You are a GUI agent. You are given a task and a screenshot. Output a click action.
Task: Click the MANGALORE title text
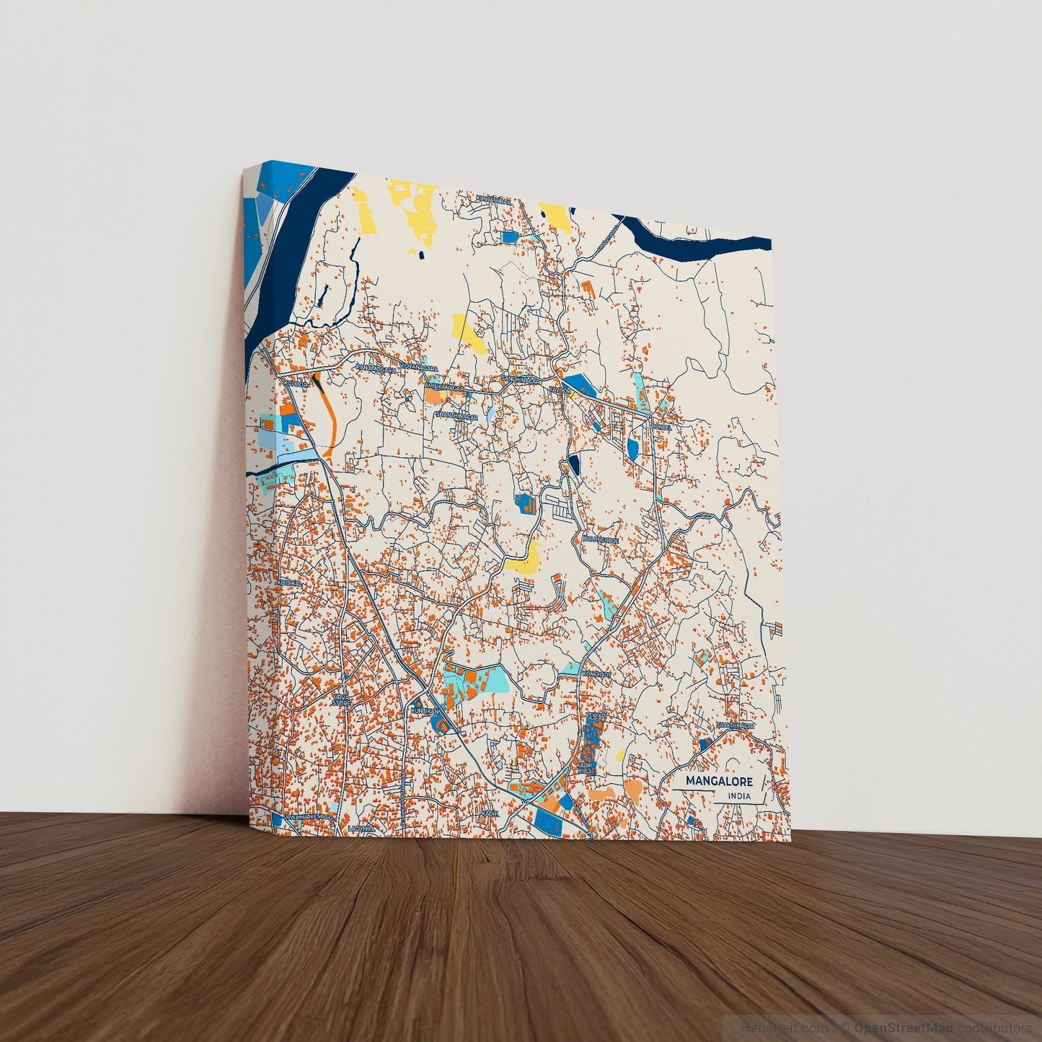tap(719, 781)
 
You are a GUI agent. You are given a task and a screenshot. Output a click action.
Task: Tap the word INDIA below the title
tap(739, 796)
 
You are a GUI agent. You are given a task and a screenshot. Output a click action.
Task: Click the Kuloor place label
tap(296, 384)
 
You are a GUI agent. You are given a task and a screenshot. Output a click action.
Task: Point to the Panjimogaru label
tap(376, 368)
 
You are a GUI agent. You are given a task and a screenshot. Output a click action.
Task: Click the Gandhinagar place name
tap(520, 378)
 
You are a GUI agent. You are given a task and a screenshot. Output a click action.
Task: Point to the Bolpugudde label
tap(601, 539)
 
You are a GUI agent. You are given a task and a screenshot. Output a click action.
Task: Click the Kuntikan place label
tap(424, 711)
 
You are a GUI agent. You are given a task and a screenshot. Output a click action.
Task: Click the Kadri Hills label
tap(584, 767)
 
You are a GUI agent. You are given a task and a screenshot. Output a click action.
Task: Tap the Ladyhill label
tap(361, 829)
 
